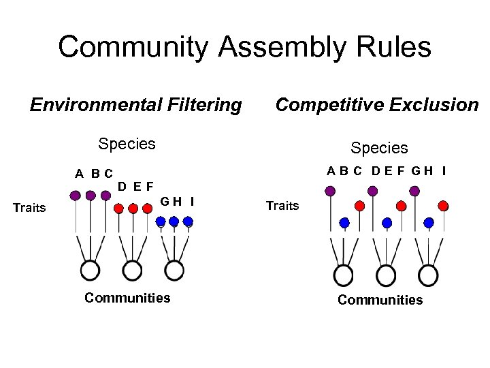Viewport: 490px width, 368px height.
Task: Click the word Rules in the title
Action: click(395, 48)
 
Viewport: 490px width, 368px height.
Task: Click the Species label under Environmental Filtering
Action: click(127, 144)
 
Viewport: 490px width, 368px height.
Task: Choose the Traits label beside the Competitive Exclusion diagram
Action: click(282, 205)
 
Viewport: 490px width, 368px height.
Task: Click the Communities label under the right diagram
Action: click(380, 300)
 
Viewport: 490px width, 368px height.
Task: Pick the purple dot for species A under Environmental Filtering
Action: click(76, 196)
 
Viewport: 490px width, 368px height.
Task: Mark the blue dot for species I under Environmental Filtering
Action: click(188, 221)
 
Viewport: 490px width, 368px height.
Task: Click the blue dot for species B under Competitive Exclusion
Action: click(344, 222)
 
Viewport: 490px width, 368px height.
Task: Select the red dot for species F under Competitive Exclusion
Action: click(401, 205)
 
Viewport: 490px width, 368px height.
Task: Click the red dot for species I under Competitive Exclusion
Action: click(443, 205)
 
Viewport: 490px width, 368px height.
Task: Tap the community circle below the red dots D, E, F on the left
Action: click(133, 271)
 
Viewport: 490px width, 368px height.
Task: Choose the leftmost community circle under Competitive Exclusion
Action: click(344, 276)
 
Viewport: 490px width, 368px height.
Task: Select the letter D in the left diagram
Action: click(121, 185)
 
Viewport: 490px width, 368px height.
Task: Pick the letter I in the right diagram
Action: click(444, 171)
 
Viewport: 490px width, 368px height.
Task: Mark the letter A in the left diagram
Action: click(80, 174)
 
